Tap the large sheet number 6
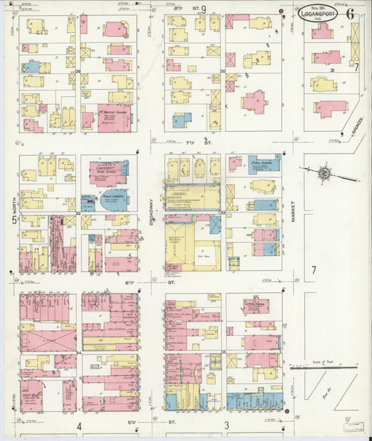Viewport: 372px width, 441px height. coord(349,13)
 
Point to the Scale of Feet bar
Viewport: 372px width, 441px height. coord(325,366)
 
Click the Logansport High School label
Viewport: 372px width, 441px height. coord(108,171)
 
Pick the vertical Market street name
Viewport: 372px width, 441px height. coord(295,208)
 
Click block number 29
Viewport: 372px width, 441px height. coord(78,71)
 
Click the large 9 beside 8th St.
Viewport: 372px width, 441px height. coord(204,9)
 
